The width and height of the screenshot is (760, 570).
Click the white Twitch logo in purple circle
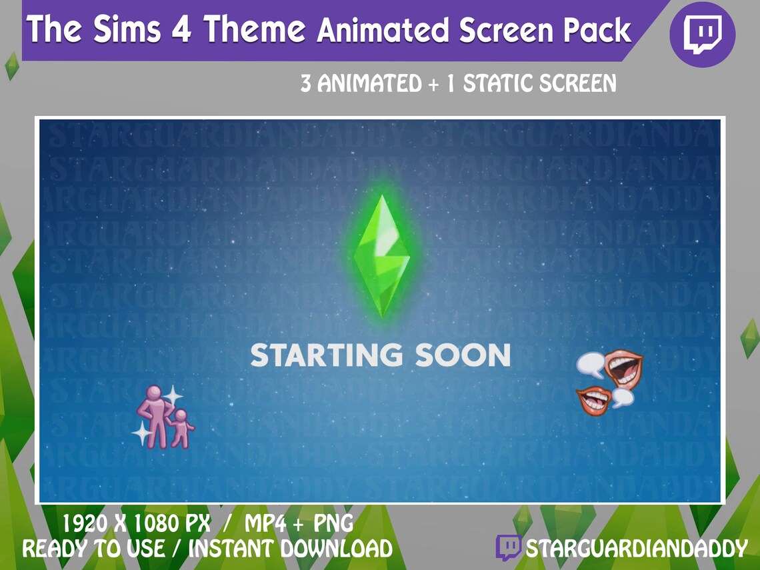coord(702,33)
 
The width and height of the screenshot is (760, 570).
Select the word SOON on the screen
coord(463,355)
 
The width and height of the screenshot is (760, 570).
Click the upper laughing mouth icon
coord(623,367)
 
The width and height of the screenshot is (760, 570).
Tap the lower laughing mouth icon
coord(595,400)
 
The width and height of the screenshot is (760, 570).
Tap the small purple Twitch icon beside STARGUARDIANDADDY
coord(509,547)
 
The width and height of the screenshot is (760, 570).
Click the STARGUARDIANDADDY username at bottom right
coord(636,549)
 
